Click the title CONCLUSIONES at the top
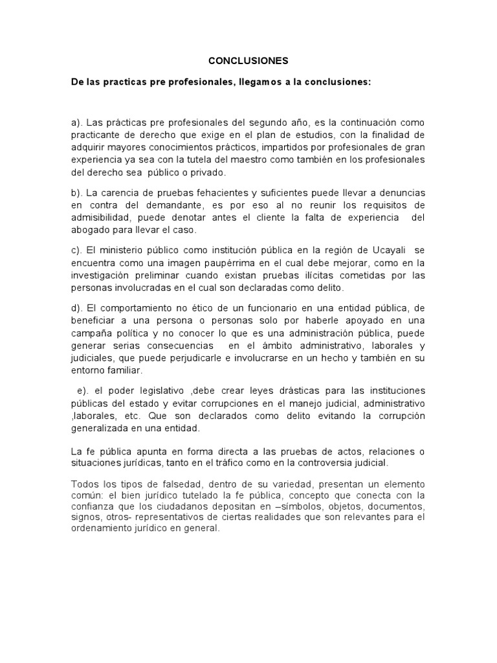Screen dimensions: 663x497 coord(248,61)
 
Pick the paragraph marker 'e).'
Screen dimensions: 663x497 coord(83,390)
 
